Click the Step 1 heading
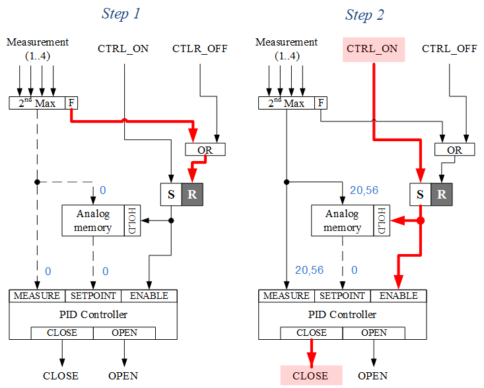coord(121,15)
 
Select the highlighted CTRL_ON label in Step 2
coord(372,49)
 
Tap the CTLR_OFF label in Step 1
coord(200,48)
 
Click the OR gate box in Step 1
coord(205,150)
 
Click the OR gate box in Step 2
coord(454,150)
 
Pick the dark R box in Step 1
coord(191,195)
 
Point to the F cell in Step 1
coord(71,103)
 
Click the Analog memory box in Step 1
coord(93,220)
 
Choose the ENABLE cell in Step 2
coord(398,296)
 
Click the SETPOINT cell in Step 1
coord(93,296)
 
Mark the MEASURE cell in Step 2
coord(286,296)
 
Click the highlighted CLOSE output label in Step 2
coord(311,375)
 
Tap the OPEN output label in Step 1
coord(123,375)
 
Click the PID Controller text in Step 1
coord(93,314)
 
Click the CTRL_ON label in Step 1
coord(123,48)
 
